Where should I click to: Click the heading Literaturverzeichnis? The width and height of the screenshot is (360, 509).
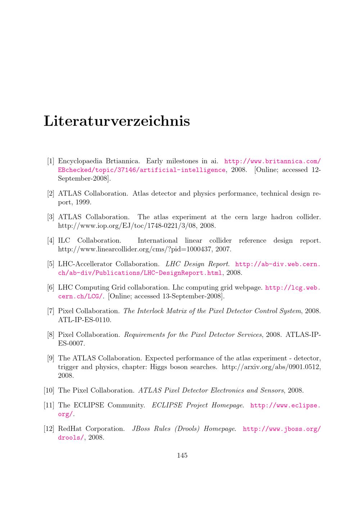[117, 121]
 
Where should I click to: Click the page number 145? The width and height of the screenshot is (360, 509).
[182, 455]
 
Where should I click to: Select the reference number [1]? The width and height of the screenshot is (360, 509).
[51, 161]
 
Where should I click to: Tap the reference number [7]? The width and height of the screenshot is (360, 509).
[51, 311]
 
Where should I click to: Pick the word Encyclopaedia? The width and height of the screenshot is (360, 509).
[80, 161]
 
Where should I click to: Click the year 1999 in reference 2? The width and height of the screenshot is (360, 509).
[83, 202]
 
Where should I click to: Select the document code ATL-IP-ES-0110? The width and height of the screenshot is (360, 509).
[85, 320]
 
